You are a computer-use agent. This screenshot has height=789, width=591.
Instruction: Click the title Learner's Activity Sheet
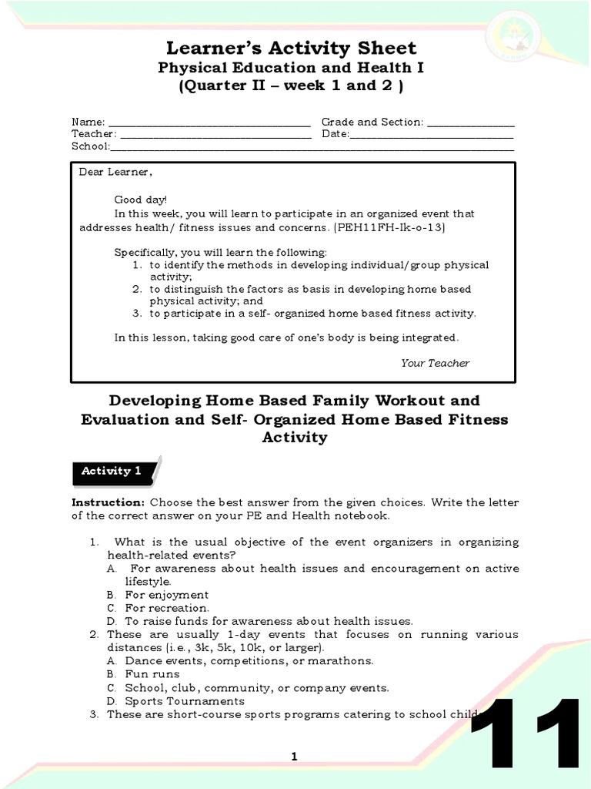pyautogui.click(x=292, y=48)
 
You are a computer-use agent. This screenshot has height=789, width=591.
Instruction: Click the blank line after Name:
pyautogui.click(x=209, y=123)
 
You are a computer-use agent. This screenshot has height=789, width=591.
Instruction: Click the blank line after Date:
pyautogui.click(x=432, y=135)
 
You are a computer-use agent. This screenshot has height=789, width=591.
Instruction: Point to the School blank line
pyautogui.click(x=312, y=147)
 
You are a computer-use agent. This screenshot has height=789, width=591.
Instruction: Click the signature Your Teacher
pyautogui.click(x=435, y=363)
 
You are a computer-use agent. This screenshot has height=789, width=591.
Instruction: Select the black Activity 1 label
pyautogui.click(x=115, y=472)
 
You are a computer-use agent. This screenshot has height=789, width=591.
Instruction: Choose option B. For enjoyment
pyautogui.click(x=158, y=595)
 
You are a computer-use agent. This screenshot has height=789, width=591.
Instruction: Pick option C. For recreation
pyautogui.click(x=158, y=608)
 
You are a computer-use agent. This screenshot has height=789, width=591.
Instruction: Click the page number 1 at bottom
pyautogui.click(x=294, y=757)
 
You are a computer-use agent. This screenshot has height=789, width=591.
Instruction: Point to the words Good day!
pyautogui.click(x=140, y=200)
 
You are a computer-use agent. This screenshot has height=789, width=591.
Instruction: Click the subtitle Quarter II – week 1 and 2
pyautogui.click(x=292, y=86)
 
